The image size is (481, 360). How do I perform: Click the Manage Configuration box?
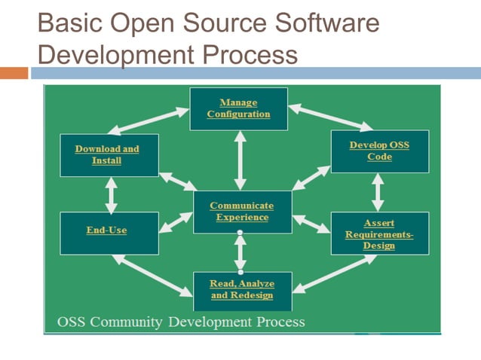pyautogui.click(x=238, y=108)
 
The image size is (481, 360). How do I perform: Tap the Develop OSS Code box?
pyautogui.click(x=379, y=151)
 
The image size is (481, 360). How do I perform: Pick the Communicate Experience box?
pyautogui.click(x=241, y=212)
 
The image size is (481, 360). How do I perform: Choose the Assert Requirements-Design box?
pyautogui.click(x=379, y=233)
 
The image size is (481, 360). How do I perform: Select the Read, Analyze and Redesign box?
pyautogui.click(x=241, y=290)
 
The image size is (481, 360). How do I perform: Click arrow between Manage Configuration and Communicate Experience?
pyautogui.click(x=240, y=160)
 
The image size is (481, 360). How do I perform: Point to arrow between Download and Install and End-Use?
pyautogui.click(x=112, y=194)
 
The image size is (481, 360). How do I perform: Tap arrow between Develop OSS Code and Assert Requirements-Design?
pyautogui.click(x=378, y=192)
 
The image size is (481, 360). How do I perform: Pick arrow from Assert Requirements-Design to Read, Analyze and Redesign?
pyautogui.click(x=334, y=273)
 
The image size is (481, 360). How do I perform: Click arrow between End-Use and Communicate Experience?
pyautogui.click(x=176, y=222)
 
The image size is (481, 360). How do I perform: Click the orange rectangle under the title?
pyautogui.click(x=14, y=73)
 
